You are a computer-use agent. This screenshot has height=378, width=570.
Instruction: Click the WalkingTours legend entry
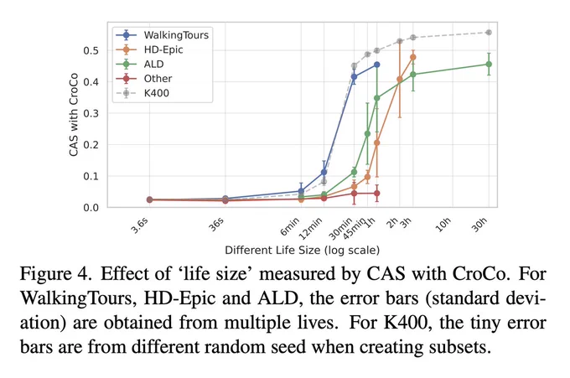(x=162, y=35)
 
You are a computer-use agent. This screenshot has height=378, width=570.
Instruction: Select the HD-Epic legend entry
(x=149, y=49)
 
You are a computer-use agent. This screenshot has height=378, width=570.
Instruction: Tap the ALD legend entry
(x=140, y=65)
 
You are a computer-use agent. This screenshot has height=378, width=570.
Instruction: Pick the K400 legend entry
(x=142, y=93)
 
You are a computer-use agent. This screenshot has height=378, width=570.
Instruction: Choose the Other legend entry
(x=144, y=79)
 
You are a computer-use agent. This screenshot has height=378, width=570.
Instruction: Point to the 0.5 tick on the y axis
(x=91, y=50)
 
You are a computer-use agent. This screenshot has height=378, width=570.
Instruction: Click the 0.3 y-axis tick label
(x=91, y=113)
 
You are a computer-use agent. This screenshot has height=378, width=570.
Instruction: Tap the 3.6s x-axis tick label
(x=140, y=225)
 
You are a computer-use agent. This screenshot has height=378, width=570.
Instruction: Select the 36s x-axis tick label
(x=216, y=225)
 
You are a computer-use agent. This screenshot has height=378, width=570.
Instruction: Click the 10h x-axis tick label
(x=443, y=225)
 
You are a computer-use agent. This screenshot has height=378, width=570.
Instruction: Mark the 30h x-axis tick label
(x=479, y=225)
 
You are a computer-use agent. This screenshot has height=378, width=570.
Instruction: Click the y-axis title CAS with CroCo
(x=74, y=115)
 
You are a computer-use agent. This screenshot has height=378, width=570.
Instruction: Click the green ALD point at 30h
(x=489, y=65)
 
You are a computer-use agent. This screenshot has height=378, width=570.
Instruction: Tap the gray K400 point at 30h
(x=489, y=33)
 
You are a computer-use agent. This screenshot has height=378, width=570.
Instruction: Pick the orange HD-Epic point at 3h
(x=413, y=57)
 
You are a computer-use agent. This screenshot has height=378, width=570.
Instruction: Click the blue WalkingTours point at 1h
(x=377, y=65)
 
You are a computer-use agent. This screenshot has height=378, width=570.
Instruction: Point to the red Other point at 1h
(x=377, y=194)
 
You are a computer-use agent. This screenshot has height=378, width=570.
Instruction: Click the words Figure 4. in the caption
(x=55, y=274)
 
